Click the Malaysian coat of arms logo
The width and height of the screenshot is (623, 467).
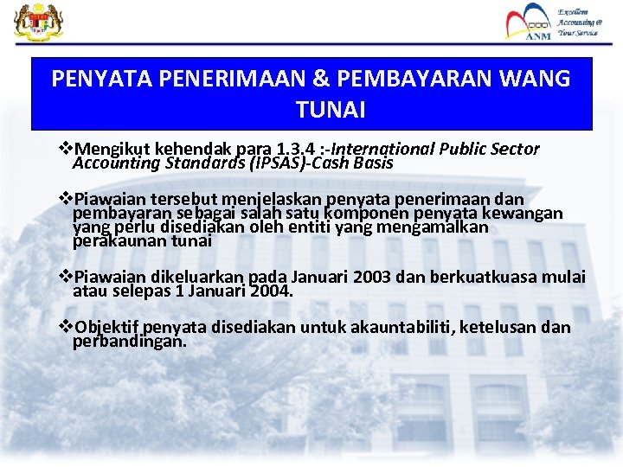coord(34,23)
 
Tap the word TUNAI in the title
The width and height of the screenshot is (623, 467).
coord(331,111)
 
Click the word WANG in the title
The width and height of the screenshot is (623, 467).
coord(534,79)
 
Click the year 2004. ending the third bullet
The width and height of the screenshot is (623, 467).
coord(271,291)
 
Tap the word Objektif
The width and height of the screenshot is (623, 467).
coord(107,327)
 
